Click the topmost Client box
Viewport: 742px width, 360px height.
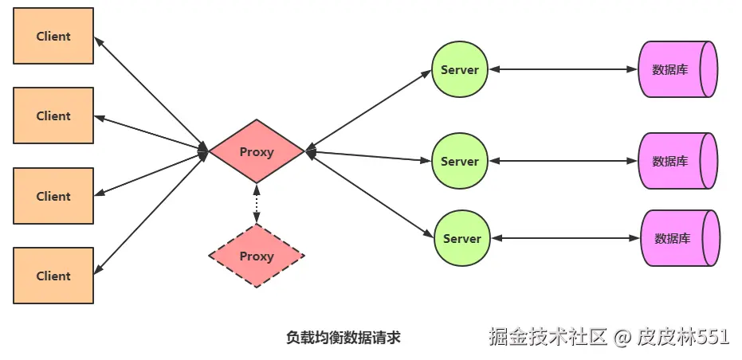pos(53,36)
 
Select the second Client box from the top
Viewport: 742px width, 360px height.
pos(53,115)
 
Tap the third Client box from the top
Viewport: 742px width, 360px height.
pos(53,196)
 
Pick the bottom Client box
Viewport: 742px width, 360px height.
pos(53,276)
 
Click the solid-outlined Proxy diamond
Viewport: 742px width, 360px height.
pos(257,151)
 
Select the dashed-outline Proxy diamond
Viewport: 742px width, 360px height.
pos(257,256)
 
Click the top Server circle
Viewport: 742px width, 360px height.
pos(460,69)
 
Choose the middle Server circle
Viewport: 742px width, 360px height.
pos(460,161)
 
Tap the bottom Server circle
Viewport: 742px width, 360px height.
pos(462,238)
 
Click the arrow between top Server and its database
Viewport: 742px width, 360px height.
pos(563,69)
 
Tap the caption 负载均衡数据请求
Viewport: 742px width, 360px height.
pos(343,338)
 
